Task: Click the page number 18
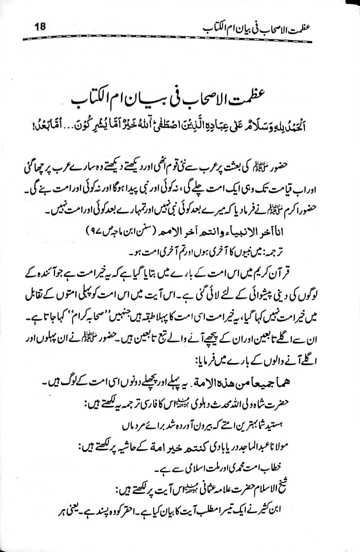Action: tap(40, 27)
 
